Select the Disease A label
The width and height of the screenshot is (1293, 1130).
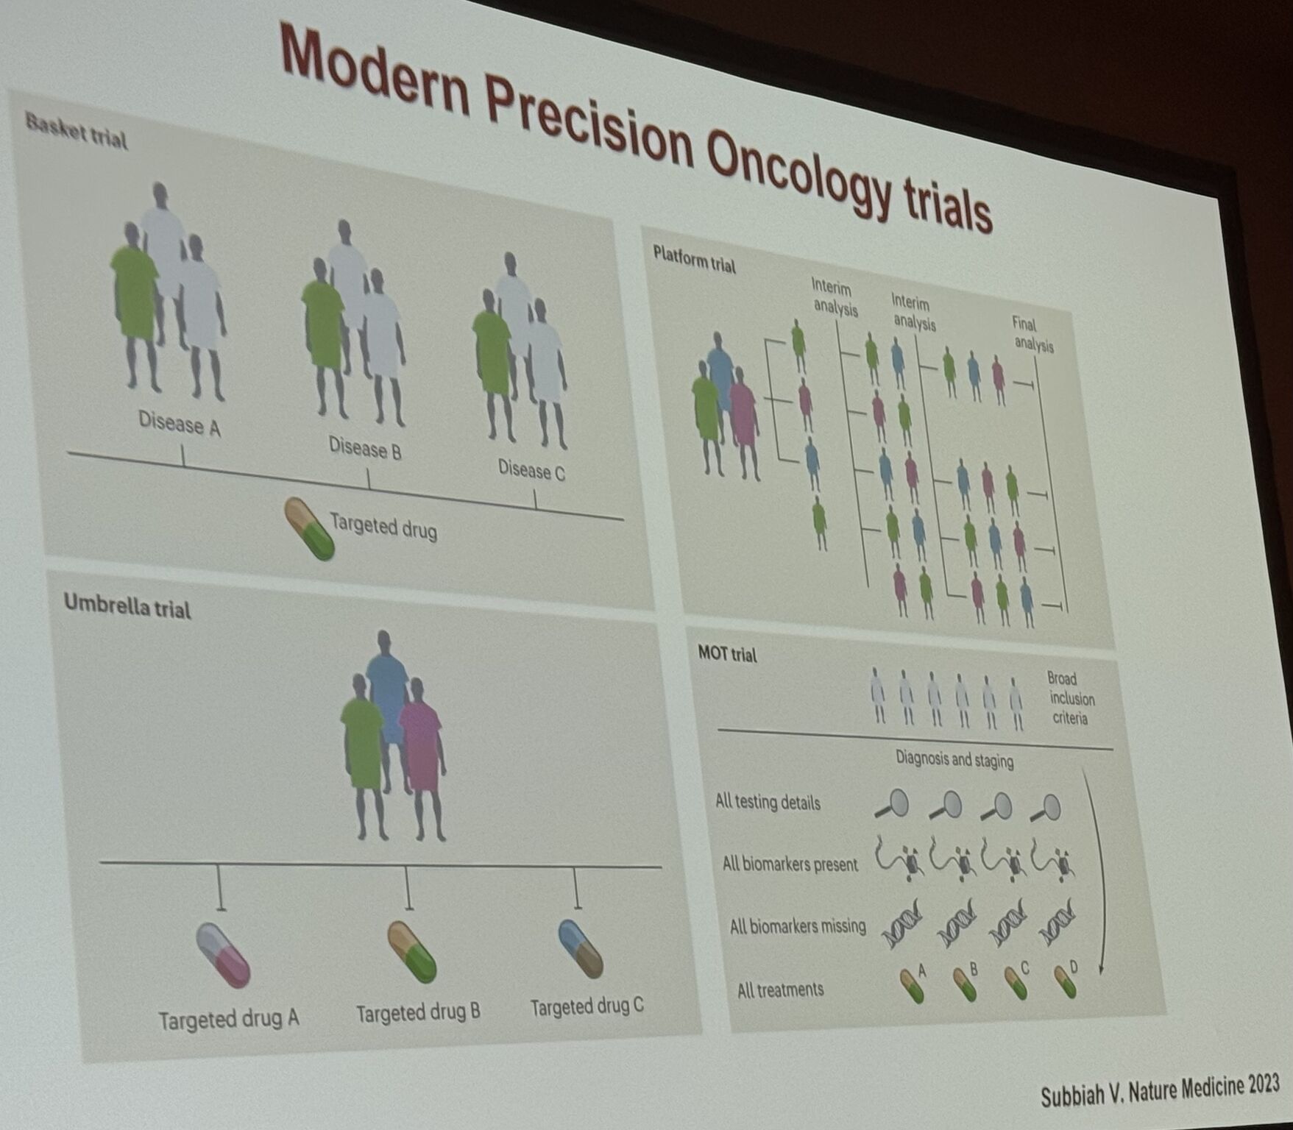coord(180,423)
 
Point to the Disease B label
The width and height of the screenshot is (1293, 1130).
coord(365,447)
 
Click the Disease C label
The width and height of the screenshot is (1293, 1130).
coord(531,469)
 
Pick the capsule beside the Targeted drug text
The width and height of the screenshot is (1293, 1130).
coord(310,528)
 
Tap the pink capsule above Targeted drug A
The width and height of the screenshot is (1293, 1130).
coord(224,955)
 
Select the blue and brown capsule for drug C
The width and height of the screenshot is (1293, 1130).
coord(581,948)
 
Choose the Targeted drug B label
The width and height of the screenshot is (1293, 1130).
coord(418,1013)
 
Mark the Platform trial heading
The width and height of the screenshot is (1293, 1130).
coord(694,258)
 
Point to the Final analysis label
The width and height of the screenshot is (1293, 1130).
coord(1032,334)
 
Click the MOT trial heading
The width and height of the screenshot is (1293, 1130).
coord(727,653)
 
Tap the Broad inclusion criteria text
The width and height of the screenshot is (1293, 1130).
coord(1071,698)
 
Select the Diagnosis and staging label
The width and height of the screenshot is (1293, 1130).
coord(954,758)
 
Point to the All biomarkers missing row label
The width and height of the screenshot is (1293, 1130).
coord(798,926)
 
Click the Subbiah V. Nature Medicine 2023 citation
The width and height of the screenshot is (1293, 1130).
coord(1160,1090)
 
